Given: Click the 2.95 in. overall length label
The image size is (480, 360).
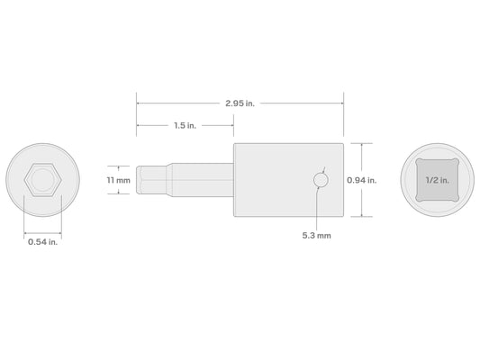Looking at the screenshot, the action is click(240, 103).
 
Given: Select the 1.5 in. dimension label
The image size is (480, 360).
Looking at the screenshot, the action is click(185, 125).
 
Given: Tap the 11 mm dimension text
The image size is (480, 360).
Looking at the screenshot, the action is click(119, 180).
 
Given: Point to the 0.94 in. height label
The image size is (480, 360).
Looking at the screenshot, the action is click(361, 180).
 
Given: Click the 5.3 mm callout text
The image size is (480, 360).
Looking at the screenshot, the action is click(316, 236).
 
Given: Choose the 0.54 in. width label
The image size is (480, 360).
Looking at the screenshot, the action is click(43, 242).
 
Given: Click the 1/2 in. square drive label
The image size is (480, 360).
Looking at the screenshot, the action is click(438, 180).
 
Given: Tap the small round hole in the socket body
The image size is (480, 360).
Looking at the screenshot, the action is click(321, 180).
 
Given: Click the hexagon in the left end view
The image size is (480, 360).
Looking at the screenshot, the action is click(43, 180).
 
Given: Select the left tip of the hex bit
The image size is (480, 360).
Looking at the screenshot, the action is click(137, 180).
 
